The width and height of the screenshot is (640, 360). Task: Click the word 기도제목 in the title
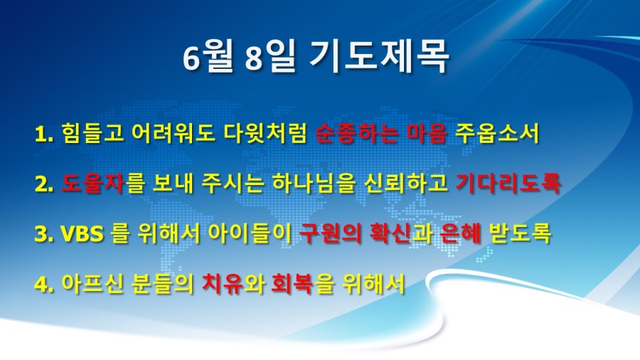pos(379,57)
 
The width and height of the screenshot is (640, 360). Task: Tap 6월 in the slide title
pos(208,57)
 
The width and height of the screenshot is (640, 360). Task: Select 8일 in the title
pos(270,57)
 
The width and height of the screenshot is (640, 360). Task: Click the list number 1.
pos(44,134)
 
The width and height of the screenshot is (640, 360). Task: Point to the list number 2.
pos(44,184)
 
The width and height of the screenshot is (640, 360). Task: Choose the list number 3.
pos(44,234)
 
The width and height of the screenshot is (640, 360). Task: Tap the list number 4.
pos(44,284)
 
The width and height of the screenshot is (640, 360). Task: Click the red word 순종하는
pos(356,134)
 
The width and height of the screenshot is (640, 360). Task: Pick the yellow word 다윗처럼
pos(265,134)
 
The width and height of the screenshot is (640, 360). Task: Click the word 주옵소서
pos(498,134)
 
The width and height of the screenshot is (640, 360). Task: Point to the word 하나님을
pos(313,184)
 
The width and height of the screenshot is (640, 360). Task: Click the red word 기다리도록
pos(508,184)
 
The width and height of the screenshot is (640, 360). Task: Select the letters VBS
pos(82,234)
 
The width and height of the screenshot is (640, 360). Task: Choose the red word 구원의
pos(330,233)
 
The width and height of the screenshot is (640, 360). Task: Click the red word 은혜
pos(461,233)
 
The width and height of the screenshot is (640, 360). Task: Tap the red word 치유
pos(223,283)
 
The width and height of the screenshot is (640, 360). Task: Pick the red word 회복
pos(292,283)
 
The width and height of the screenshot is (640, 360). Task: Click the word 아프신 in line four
pos(92,283)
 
